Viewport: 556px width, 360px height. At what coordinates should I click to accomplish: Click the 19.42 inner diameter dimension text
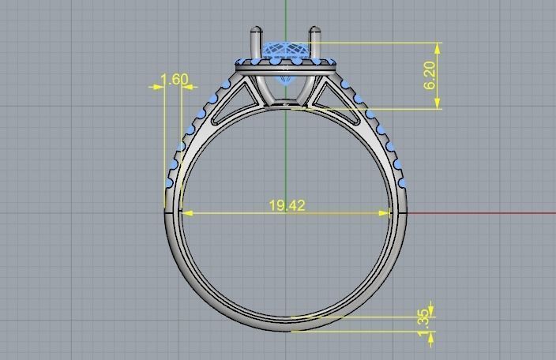coord(287,205)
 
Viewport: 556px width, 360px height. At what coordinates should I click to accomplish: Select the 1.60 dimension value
coord(175,79)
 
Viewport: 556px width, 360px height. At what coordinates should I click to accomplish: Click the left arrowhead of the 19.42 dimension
coord(186,212)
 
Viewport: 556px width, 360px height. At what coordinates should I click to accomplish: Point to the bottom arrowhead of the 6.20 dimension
coord(438,103)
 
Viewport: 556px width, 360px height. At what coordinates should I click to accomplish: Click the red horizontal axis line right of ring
coord(482,212)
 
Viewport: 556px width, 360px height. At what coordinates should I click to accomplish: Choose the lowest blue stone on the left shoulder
coord(169,183)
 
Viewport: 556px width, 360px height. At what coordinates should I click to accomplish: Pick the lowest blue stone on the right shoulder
coord(402,183)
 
